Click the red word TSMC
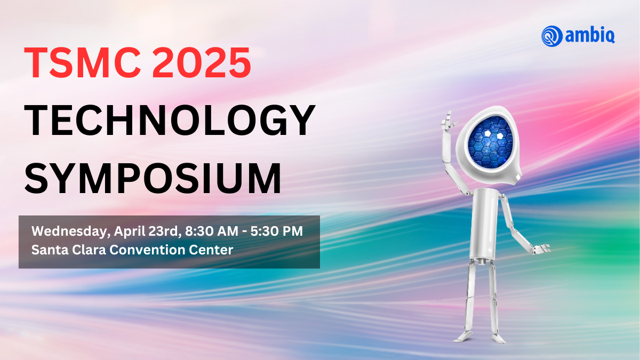pos(83,62)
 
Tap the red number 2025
pos(202,62)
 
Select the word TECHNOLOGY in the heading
pos(170,121)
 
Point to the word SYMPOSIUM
pos(153,178)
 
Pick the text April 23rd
pos(147,231)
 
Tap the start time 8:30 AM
pos(212,231)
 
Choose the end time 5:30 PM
pos(277,231)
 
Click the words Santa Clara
pos(69,250)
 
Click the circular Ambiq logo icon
pos(551,36)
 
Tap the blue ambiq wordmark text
pos(590,35)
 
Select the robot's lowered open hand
pos(541,249)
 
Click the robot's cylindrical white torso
pos(485,223)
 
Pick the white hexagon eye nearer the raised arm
pos(487,134)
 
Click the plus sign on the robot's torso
pos(490,251)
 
